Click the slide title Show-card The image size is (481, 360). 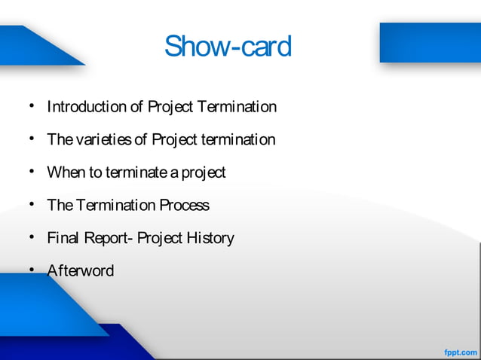click(228, 47)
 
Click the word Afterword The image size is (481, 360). click(81, 270)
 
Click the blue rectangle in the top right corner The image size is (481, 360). click(430, 42)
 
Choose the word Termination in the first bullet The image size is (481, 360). click(237, 107)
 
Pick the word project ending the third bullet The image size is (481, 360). click(202, 173)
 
